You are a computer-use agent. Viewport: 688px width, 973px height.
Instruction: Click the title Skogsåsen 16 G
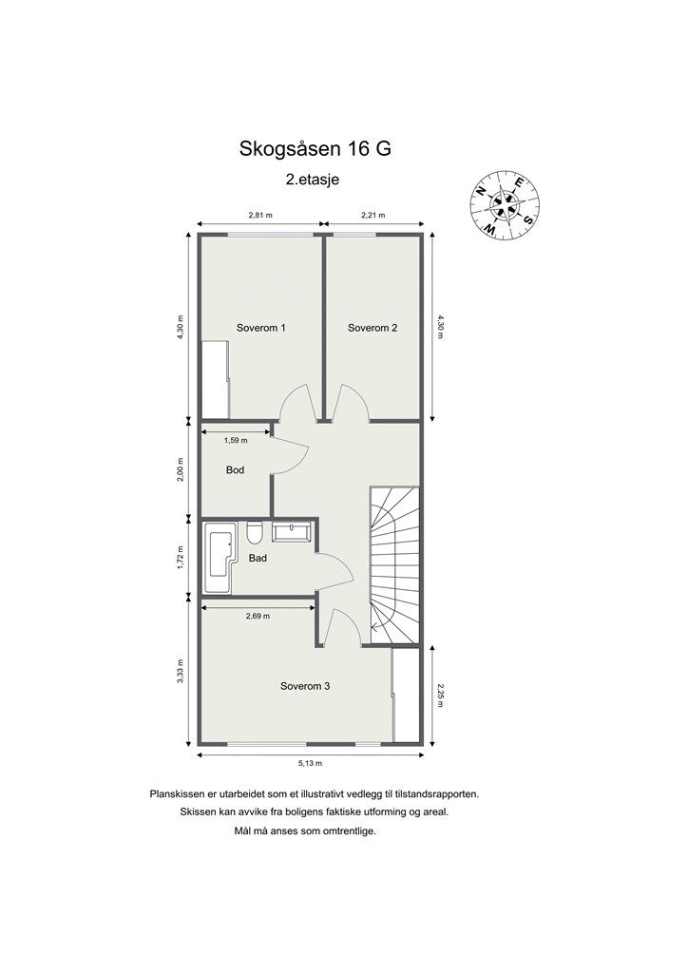click(315, 149)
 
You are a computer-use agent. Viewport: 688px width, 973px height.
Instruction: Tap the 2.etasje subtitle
click(314, 179)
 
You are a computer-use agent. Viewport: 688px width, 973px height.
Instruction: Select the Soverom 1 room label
click(261, 328)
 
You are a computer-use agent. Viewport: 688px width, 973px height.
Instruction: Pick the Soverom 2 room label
click(373, 328)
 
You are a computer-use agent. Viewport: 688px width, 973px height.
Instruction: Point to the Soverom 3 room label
click(304, 685)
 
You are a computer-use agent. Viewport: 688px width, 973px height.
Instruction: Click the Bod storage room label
click(236, 470)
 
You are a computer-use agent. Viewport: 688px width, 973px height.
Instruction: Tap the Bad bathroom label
click(258, 559)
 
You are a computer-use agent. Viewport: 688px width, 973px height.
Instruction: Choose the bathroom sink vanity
click(292, 531)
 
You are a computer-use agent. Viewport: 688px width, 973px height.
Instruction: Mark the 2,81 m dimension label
click(260, 216)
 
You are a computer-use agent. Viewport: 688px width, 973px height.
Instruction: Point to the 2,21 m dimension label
click(372, 216)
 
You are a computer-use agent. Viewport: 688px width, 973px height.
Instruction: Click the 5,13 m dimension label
click(311, 764)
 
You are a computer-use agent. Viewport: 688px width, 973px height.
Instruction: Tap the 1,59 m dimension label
click(236, 440)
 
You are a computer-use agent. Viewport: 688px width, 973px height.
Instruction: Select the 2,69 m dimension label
click(258, 616)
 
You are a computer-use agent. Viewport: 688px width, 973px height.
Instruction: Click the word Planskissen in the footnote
click(178, 792)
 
